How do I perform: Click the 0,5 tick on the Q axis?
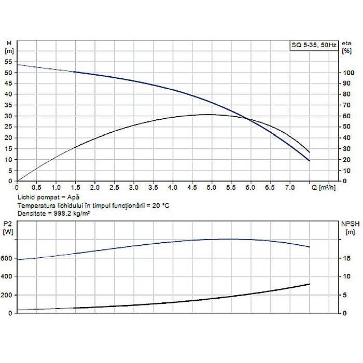click(x=37, y=187)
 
